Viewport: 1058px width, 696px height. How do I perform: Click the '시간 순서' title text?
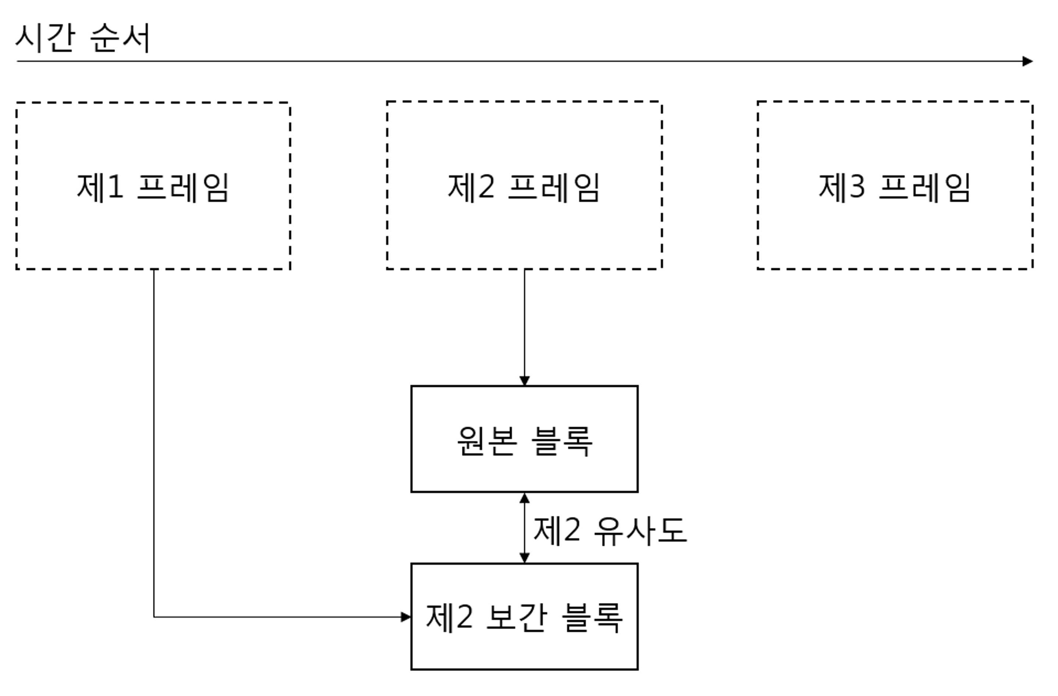[x=83, y=38]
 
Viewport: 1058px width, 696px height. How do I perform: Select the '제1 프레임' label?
[x=153, y=188]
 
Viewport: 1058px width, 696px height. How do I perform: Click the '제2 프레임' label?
[x=524, y=188]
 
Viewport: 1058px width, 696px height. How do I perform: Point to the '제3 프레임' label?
[x=894, y=188]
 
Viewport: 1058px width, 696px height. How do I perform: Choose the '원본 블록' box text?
[x=524, y=441]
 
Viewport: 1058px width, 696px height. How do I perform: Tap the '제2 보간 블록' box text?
[x=524, y=617]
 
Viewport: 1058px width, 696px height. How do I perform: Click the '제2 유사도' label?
[x=610, y=530]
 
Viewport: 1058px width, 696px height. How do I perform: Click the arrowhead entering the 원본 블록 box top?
[x=524, y=381]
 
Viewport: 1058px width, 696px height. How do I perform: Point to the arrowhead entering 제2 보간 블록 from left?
[x=406, y=617]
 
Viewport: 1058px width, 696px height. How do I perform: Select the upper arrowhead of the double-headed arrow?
[x=524, y=498]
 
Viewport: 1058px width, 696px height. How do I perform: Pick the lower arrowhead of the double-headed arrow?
[x=524, y=558]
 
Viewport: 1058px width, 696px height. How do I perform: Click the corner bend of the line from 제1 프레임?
[x=154, y=617]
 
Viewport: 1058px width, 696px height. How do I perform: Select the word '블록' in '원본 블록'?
[x=562, y=441]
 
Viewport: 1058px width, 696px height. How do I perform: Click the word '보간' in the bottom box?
[x=516, y=617]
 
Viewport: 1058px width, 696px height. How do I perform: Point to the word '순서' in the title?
[x=120, y=38]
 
